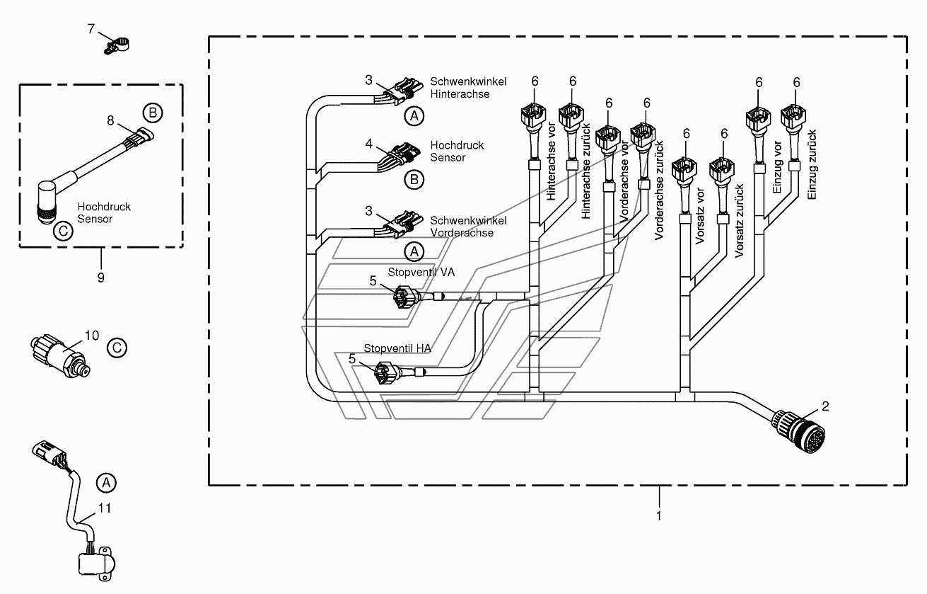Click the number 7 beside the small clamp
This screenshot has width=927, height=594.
point(91,29)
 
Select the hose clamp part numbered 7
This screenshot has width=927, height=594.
point(116,46)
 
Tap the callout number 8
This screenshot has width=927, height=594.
point(110,120)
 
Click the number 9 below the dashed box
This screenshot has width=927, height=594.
point(101,278)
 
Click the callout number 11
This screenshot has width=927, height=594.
point(105,508)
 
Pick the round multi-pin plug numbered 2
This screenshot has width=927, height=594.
point(798,431)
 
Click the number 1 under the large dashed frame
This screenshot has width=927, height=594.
point(659,516)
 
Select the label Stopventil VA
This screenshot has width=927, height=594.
point(421,272)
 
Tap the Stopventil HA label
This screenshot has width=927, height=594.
point(397,348)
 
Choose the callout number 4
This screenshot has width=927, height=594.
point(368,144)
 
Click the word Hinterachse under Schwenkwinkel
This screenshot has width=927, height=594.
point(460,94)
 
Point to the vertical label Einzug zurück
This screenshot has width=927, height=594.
point(812,164)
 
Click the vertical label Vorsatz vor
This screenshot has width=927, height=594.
point(700,216)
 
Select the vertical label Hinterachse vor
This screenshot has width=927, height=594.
point(551,161)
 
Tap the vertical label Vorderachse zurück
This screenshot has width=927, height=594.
point(659,190)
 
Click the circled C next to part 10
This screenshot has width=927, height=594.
point(117,348)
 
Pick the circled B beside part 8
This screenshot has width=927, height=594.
point(153,113)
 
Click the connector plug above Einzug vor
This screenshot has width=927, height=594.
point(758,120)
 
